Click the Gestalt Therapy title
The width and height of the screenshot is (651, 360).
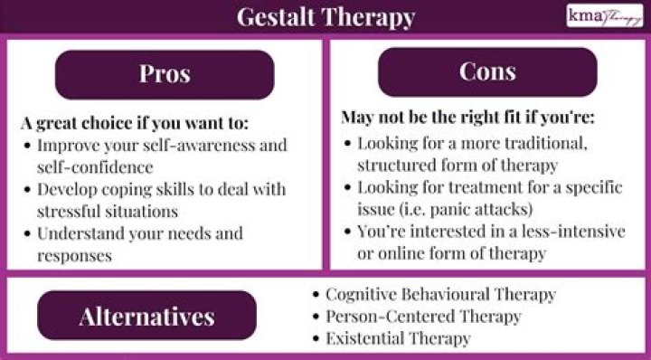pyautogui.click(x=325, y=16)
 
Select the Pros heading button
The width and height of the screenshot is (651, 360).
pyautogui.click(x=164, y=74)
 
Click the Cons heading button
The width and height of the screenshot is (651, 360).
pyautogui.click(x=487, y=72)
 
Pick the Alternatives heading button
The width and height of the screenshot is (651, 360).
pyautogui.click(x=146, y=316)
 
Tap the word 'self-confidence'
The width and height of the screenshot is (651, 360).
pyautogui.click(x=96, y=167)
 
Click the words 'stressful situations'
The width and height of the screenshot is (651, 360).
pyautogui.click(x=108, y=211)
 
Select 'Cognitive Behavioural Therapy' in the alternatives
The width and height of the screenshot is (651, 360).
pyautogui.click(x=440, y=295)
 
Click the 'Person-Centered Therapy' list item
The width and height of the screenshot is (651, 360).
pyautogui.click(x=423, y=317)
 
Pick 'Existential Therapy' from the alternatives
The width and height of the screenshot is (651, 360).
pyautogui.click(x=398, y=339)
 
